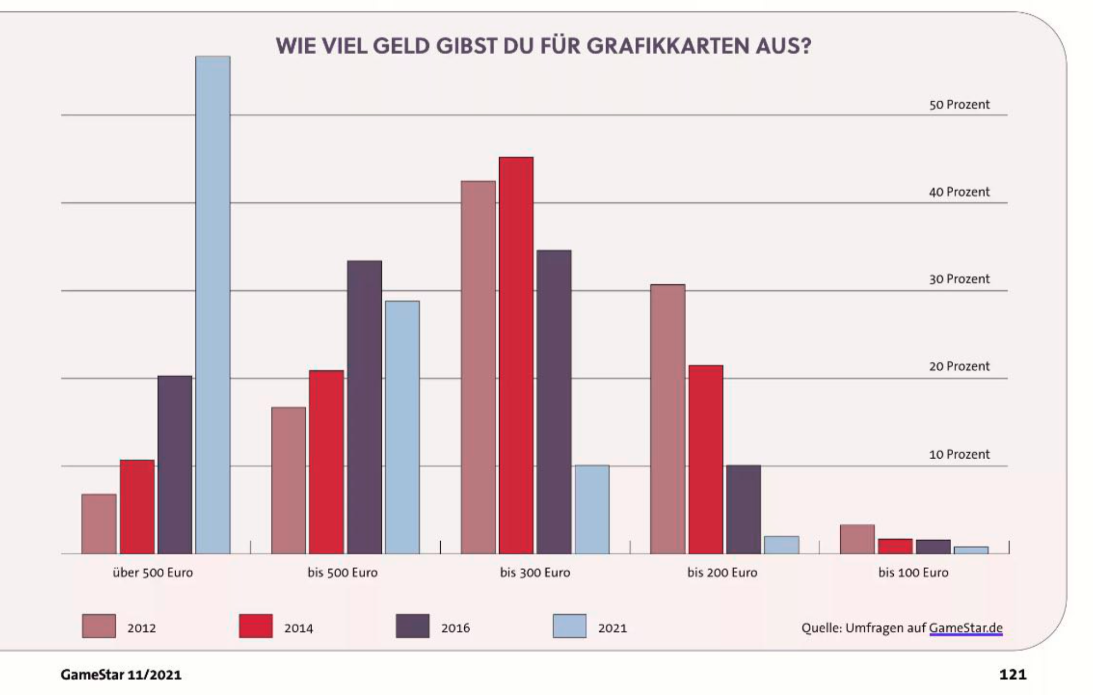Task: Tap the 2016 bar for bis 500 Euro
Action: coord(364,407)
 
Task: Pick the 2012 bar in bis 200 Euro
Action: coord(667,419)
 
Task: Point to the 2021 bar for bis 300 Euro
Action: coord(592,509)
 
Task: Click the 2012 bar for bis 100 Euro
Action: coord(857,539)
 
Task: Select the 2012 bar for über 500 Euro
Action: coord(99,524)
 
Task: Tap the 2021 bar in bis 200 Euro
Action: coord(781,544)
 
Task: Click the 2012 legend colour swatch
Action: coord(99,626)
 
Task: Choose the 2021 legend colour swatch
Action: coord(569,626)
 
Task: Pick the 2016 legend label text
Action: coord(455,628)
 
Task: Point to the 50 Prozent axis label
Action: coord(959,104)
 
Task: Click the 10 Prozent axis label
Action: coord(959,454)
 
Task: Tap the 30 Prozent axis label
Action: coord(959,279)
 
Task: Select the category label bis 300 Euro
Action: coord(535,572)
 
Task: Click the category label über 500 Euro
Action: coord(153,572)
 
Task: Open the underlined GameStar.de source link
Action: coord(966,628)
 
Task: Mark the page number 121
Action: coord(1012,674)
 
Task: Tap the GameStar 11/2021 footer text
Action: coord(121,675)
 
